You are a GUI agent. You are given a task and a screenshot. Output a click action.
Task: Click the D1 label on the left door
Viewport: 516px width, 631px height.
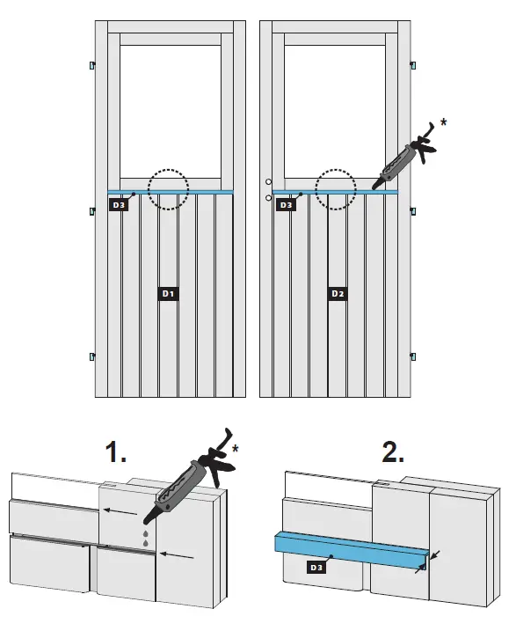pyautogui.click(x=168, y=294)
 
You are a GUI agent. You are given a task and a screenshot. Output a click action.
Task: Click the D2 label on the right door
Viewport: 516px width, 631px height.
pyautogui.click(x=338, y=294)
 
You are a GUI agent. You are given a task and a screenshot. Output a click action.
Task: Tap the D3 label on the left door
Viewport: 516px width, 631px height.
pyautogui.click(x=119, y=205)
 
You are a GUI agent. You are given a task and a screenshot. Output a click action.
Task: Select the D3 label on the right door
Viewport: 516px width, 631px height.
pyautogui.click(x=286, y=205)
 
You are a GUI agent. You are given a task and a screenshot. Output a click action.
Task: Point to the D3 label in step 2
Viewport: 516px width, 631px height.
pyautogui.click(x=316, y=568)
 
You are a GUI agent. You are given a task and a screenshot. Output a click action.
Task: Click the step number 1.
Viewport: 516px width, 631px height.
pyautogui.click(x=116, y=451)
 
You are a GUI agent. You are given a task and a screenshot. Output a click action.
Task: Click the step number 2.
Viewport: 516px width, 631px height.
pyautogui.click(x=393, y=451)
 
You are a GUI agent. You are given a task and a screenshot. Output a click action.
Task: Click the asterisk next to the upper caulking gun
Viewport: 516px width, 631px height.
pyautogui.click(x=443, y=122)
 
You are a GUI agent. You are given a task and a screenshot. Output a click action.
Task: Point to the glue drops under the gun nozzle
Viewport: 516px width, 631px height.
pyautogui.click(x=145, y=538)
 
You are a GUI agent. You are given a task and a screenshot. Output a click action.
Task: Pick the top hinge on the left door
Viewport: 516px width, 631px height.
pyautogui.click(x=92, y=64)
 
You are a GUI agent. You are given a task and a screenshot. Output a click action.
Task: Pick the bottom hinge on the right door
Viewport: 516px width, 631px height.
pyautogui.click(x=413, y=356)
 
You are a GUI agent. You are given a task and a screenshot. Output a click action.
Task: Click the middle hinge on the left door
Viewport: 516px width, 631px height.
pyautogui.click(x=92, y=211)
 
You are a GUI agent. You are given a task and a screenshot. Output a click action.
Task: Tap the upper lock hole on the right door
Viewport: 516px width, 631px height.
pyautogui.click(x=268, y=182)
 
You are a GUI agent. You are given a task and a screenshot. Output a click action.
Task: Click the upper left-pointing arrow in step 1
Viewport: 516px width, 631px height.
pyautogui.click(x=121, y=511)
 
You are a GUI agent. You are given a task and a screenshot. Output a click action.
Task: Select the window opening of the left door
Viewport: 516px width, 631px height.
pyautogui.click(x=171, y=112)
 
